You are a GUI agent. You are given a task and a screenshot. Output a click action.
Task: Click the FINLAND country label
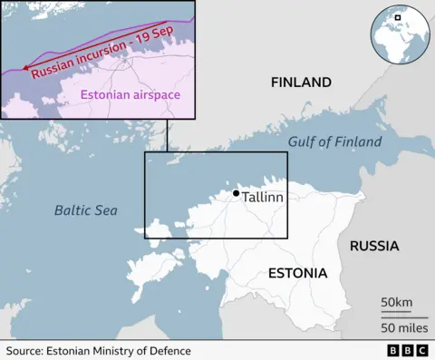(302, 83)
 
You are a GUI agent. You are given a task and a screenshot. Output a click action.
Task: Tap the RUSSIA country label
(374, 246)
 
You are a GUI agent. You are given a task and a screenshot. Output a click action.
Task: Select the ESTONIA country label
(297, 273)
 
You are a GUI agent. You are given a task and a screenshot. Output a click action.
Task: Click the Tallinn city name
(264, 197)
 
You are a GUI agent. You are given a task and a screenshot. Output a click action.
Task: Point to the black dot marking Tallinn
(237, 193)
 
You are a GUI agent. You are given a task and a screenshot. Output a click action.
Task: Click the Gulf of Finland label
(334, 142)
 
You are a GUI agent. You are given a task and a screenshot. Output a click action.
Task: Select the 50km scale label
(395, 301)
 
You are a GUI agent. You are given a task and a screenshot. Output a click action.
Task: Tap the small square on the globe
(397, 17)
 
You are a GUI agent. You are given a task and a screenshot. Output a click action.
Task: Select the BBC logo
(406, 350)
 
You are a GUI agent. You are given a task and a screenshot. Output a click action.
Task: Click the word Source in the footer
(25, 350)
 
